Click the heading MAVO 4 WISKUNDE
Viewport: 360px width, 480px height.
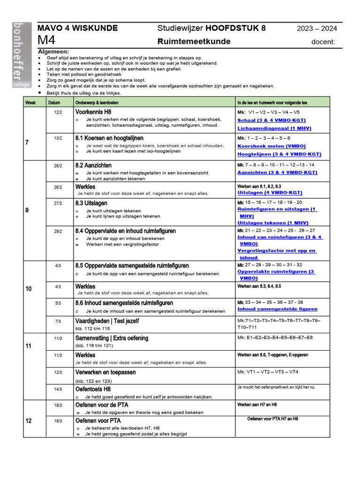(x=77, y=28)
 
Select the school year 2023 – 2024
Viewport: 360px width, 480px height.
(x=317, y=29)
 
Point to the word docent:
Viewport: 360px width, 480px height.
(x=323, y=42)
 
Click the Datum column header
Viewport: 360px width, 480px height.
(x=54, y=102)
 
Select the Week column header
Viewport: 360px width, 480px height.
(x=30, y=102)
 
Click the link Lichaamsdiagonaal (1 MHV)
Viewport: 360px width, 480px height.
(x=274, y=128)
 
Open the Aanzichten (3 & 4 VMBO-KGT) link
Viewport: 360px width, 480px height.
(x=277, y=172)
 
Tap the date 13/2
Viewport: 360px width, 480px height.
(x=58, y=138)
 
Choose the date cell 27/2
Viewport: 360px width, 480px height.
(x=58, y=203)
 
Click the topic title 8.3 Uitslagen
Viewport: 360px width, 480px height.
(x=91, y=203)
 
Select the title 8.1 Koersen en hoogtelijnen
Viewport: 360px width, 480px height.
(x=109, y=138)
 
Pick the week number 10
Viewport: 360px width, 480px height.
(x=29, y=289)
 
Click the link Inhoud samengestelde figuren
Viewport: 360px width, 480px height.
(x=277, y=309)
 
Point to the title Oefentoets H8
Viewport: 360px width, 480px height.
(x=93, y=389)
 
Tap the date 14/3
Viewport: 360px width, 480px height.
(x=58, y=389)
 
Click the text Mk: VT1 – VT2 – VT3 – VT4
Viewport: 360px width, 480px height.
(x=268, y=372)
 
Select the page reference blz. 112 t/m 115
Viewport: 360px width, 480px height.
(x=95, y=329)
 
